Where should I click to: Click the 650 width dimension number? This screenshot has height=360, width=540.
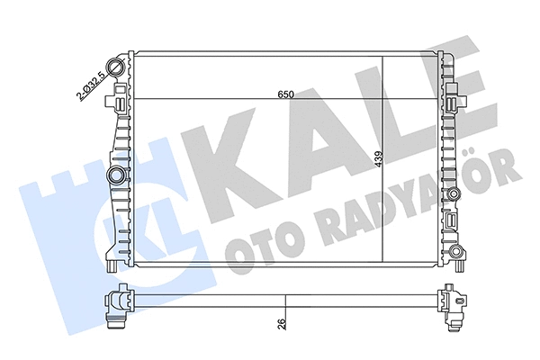[x=285, y=93]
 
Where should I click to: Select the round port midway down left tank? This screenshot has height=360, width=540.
[x=114, y=173]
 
